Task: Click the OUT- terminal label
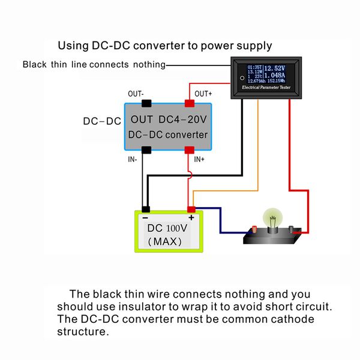tap(135, 94)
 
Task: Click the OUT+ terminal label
tap(203, 94)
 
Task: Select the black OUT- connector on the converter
tap(145, 104)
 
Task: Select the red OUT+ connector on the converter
tap(190, 104)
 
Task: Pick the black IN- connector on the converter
tap(145, 149)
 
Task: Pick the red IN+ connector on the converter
tap(190, 149)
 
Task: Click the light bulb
tap(274, 218)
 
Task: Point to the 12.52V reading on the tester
tap(274, 68)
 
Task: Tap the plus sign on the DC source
tap(191, 217)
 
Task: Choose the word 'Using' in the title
tap(73, 46)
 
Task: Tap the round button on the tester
tap(241, 77)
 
